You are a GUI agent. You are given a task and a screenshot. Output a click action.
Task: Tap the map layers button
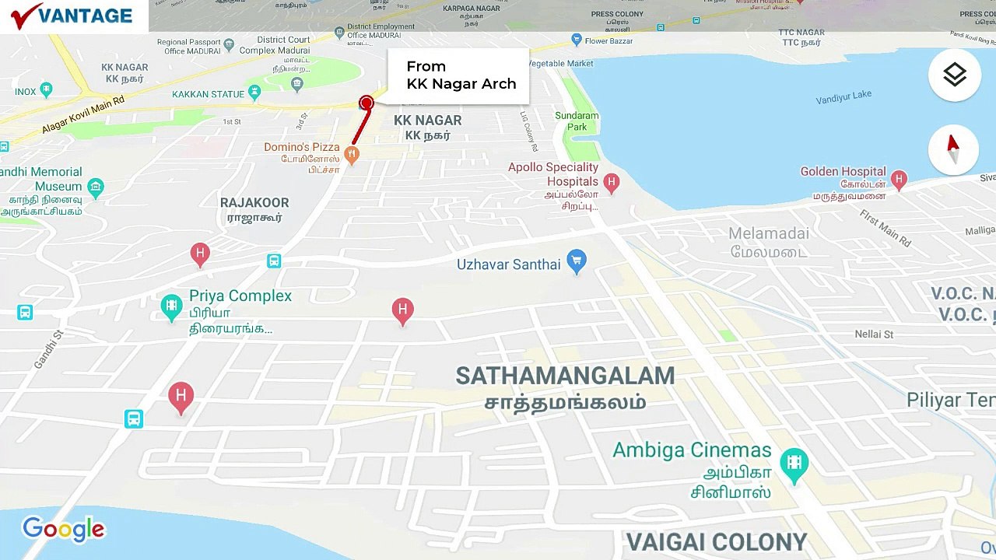954,75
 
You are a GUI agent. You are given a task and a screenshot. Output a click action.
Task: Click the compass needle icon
953,149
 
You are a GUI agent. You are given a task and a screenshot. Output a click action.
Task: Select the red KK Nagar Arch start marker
366,103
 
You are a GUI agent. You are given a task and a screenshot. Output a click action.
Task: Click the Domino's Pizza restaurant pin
352,155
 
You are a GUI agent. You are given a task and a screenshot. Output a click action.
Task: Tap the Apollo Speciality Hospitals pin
612,183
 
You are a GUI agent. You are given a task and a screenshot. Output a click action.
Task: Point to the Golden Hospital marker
899,180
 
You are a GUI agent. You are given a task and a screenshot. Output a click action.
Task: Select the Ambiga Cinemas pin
794,464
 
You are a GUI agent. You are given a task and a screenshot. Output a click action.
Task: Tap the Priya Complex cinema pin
171,306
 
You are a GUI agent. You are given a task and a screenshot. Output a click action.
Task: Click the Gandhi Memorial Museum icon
96,187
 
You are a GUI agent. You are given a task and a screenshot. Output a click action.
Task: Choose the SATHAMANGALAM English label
565,376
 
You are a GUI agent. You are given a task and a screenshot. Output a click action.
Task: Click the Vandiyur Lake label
843,98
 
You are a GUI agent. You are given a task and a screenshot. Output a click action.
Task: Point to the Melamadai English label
768,233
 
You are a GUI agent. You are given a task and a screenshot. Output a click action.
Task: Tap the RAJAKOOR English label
254,202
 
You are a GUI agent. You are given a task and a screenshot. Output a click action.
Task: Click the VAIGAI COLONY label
717,542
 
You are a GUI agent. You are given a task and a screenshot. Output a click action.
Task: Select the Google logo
63,529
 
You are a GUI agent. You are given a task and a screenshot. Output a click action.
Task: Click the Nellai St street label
874,334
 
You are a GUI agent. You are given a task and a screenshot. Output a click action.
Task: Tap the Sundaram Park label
577,121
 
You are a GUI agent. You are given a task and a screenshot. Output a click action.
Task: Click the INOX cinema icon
46,90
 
